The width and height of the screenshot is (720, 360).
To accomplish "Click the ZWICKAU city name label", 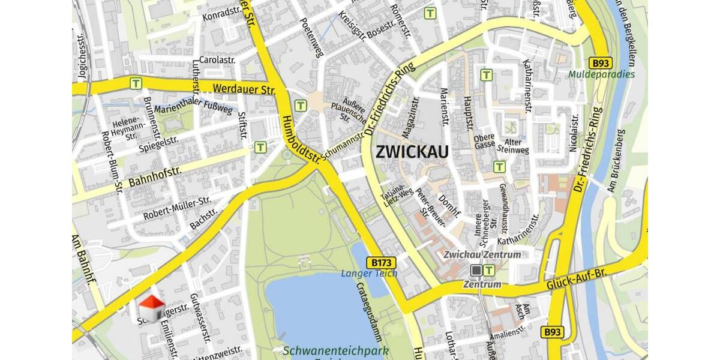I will click(x=412, y=152).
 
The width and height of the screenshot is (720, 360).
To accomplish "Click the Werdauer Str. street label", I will click(x=244, y=89).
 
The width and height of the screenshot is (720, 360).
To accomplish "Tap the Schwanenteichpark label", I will click(x=335, y=350).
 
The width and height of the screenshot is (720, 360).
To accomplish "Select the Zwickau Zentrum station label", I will click(x=482, y=254).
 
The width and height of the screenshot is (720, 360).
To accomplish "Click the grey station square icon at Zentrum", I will click(x=476, y=271).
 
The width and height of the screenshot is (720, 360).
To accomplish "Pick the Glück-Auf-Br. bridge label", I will click(x=578, y=281).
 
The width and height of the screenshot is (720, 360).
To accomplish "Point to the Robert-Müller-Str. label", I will click(x=177, y=208).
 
